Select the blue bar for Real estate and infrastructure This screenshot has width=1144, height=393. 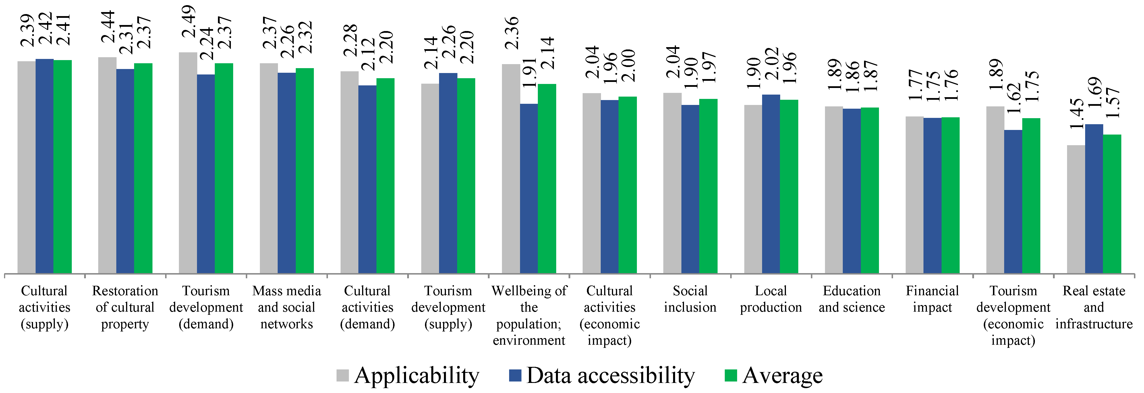(1094, 198)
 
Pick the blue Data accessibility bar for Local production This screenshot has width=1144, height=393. (771, 184)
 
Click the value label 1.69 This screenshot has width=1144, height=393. (1095, 93)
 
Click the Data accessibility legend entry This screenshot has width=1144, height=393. (602, 376)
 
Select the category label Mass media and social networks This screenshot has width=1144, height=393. (287, 307)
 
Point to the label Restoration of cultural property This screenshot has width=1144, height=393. (125, 307)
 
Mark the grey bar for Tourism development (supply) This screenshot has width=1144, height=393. (430, 178)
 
